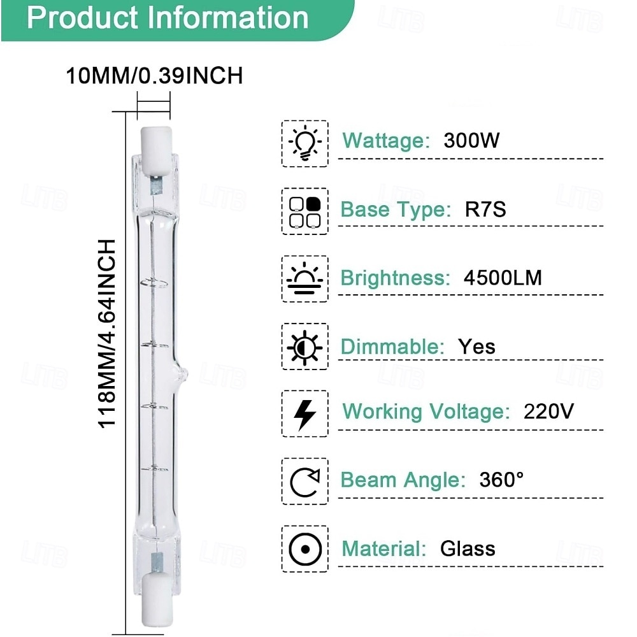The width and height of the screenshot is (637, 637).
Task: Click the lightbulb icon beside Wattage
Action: [x=304, y=144]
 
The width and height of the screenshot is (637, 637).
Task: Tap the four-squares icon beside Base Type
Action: [x=304, y=211]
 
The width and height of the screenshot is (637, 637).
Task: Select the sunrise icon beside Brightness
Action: [x=304, y=279]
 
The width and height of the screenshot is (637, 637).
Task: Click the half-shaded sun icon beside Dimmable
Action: [x=304, y=347]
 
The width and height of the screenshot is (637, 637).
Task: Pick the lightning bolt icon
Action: [x=304, y=414]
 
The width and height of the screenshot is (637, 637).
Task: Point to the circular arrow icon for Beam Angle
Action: [x=304, y=482]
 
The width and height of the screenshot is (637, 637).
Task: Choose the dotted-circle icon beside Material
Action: [x=304, y=549]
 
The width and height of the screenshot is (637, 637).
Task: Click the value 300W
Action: [x=471, y=140]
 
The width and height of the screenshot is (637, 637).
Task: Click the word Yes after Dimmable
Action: [x=476, y=347]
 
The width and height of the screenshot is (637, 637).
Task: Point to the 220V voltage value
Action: [x=548, y=411]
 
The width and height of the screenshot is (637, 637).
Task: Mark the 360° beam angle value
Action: [x=501, y=479]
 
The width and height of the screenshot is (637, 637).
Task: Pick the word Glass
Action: [x=468, y=548]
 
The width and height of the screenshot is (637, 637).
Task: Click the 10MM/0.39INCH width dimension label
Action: [x=154, y=76]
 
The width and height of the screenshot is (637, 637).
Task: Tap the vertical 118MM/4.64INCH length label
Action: [x=107, y=334]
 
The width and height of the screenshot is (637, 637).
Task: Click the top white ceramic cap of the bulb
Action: [x=154, y=147]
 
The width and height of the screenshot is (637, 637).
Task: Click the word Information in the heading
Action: [x=229, y=18]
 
